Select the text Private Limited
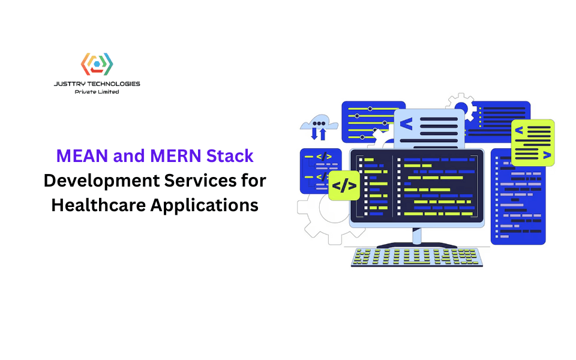coord(97,92)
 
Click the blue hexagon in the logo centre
coord(97,64)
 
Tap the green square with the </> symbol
coord(344,185)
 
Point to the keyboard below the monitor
coord(417,257)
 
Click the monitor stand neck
coord(417,235)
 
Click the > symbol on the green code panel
coord(546,155)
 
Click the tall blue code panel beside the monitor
coord(518,198)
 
